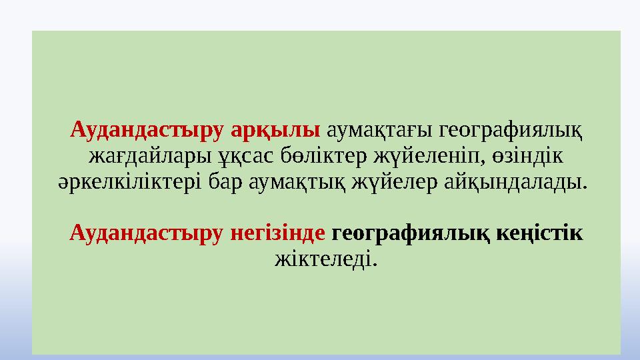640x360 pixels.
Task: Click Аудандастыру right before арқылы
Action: tap(148, 129)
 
